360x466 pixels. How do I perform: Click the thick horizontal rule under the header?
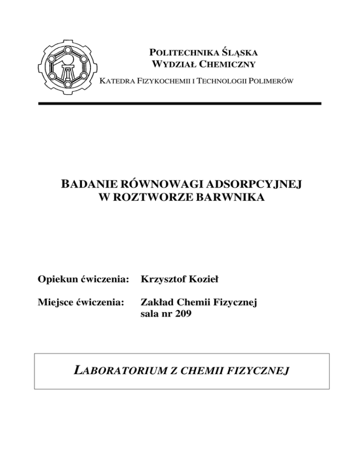point(180,103)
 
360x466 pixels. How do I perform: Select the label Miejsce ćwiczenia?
point(81,304)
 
